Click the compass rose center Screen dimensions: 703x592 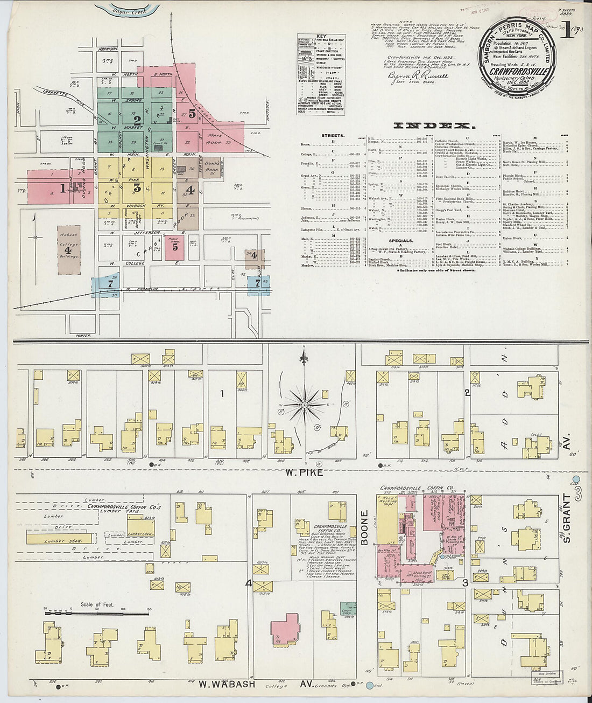click(x=304, y=405)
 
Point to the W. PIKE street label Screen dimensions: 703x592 click(x=305, y=472)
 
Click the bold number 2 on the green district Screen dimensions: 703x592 click(x=138, y=120)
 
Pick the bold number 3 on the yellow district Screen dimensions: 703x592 click(x=137, y=188)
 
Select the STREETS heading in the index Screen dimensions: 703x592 click(x=333, y=136)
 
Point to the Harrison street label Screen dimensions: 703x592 click(x=108, y=49)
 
